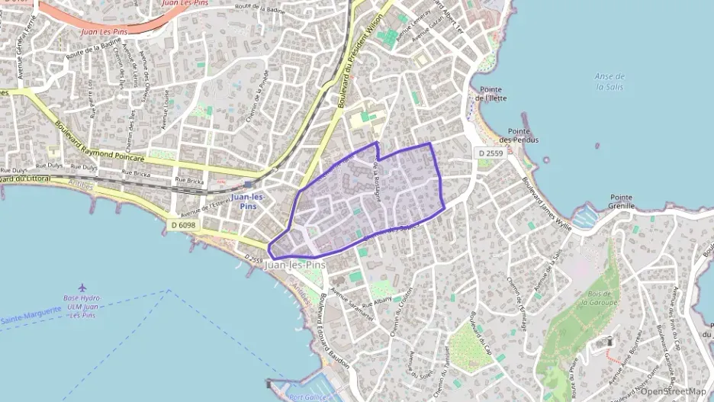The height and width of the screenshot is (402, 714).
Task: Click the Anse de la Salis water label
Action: coord(609,82)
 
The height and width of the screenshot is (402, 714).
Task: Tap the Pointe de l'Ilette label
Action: coord(490,94)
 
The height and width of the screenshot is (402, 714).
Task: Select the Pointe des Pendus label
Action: coord(519,136)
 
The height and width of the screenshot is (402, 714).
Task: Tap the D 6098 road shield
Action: coord(183,224)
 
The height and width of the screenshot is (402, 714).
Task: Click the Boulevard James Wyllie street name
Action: coord(546,200)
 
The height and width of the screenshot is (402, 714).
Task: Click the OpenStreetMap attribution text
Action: coord(673,391)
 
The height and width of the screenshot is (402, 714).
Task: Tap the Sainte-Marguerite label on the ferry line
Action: coord(31,319)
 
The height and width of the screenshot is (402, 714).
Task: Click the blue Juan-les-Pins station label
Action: coord(248,201)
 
